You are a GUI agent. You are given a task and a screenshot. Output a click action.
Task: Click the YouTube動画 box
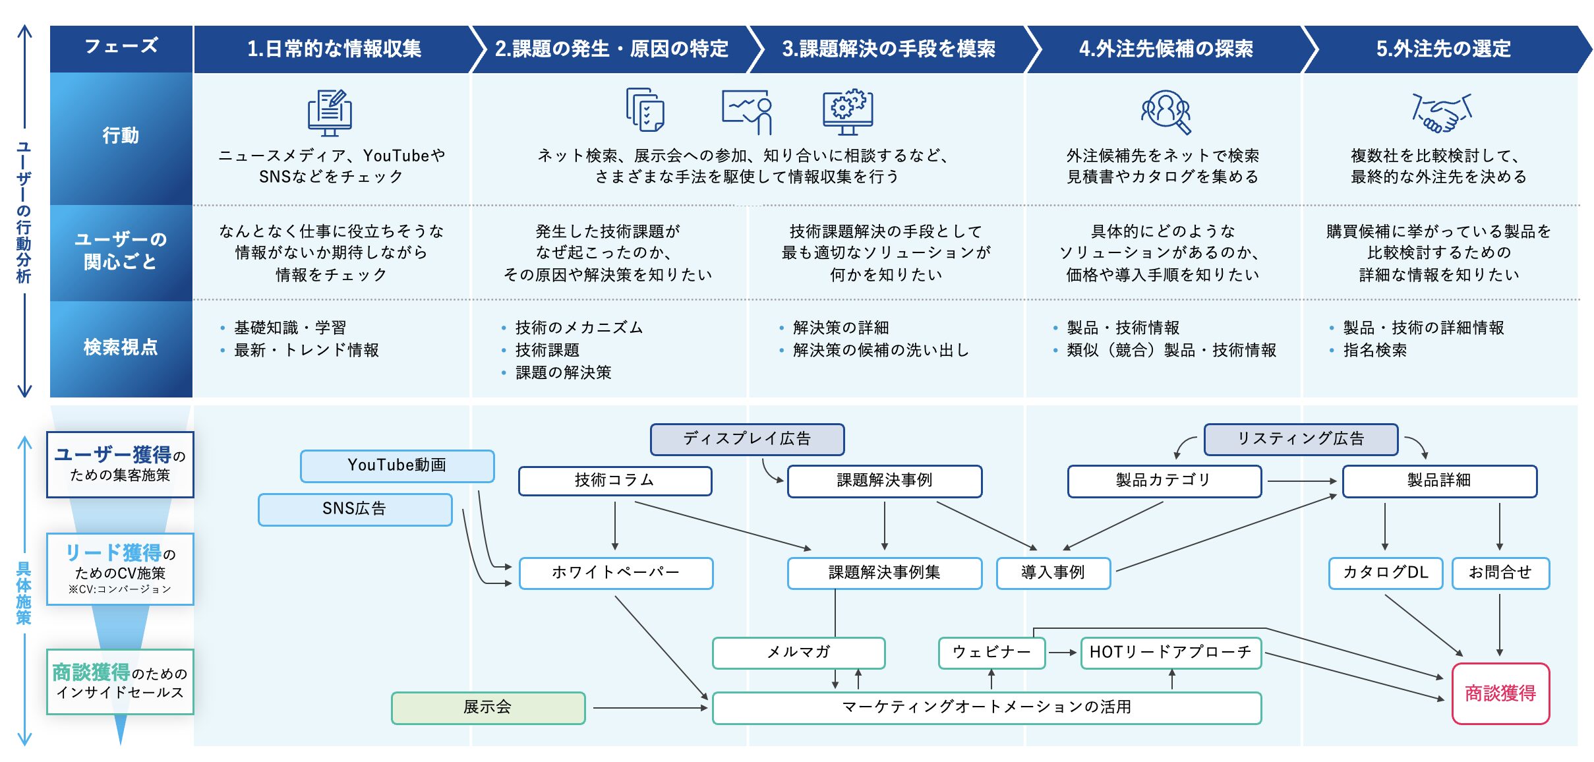click(x=397, y=466)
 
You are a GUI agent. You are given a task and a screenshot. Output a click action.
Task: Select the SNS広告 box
click(x=355, y=510)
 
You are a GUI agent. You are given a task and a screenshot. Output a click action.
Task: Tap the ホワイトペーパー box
click(x=616, y=573)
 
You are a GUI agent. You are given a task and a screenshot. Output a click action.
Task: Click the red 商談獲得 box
click(x=1500, y=693)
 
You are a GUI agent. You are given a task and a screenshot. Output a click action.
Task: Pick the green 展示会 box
click(x=488, y=708)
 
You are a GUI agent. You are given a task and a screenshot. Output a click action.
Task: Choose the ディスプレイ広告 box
click(x=747, y=440)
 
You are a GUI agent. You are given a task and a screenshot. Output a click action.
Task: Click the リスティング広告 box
click(x=1301, y=440)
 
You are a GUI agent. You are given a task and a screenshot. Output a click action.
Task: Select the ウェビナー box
click(x=991, y=653)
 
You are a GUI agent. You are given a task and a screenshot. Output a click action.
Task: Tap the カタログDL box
click(x=1385, y=573)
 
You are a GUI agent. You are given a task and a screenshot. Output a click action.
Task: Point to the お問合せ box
click(x=1500, y=573)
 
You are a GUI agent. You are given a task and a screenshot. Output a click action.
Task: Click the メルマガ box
click(x=798, y=653)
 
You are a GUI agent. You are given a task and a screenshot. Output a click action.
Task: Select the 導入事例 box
click(x=1053, y=573)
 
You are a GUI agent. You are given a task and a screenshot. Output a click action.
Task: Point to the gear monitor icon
click(x=848, y=112)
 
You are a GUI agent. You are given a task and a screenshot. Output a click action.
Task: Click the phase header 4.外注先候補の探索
click(x=1166, y=49)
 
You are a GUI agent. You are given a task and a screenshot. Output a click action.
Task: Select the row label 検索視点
click(x=121, y=347)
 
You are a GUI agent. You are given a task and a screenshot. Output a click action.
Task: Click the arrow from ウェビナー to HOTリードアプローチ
click(x=1063, y=653)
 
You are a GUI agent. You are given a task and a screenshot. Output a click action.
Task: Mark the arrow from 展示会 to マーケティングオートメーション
click(x=651, y=708)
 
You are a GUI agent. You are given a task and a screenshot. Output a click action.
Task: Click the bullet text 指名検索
click(x=1375, y=350)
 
